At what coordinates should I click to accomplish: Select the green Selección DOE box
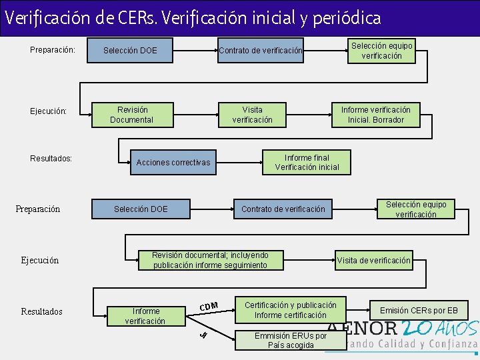pyautogui.click(x=141, y=209)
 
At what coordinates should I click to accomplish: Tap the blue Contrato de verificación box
pyautogui.click(x=261, y=51)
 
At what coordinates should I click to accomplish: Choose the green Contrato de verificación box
pyautogui.click(x=283, y=209)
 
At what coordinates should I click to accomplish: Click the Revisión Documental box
pyautogui.click(x=131, y=115)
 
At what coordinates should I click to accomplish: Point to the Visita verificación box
pyautogui.click(x=252, y=115)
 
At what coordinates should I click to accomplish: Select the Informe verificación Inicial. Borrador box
pyautogui.click(x=375, y=115)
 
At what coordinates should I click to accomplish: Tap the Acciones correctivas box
pyautogui.click(x=173, y=163)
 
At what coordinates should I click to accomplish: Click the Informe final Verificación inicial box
pyautogui.click(x=307, y=163)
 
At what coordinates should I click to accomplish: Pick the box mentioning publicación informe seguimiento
pyautogui.click(x=210, y=260)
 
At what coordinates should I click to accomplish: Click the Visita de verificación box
pyautogui.click(x=373, y=260)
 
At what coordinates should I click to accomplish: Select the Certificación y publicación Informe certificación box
pyautogui.click(x=290, y=310)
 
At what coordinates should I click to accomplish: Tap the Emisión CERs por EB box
pyautogui.click(x=419, y=310)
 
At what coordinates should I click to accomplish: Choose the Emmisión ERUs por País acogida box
pyautogui.click(x=290, y=340)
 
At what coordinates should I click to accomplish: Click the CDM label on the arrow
pyautogui.click(x=209, y=306)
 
